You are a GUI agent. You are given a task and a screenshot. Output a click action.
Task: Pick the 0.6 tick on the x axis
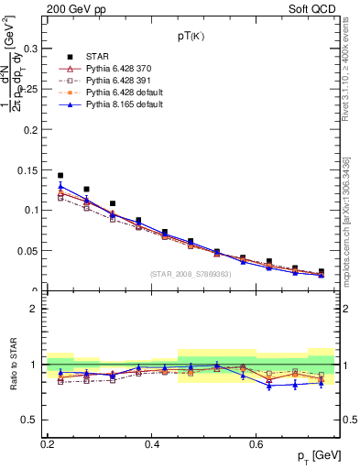coord(258,443)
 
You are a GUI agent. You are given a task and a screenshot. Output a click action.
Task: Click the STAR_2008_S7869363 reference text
coord(191,274)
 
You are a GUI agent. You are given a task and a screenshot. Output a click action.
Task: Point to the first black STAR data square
coord(60,175)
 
